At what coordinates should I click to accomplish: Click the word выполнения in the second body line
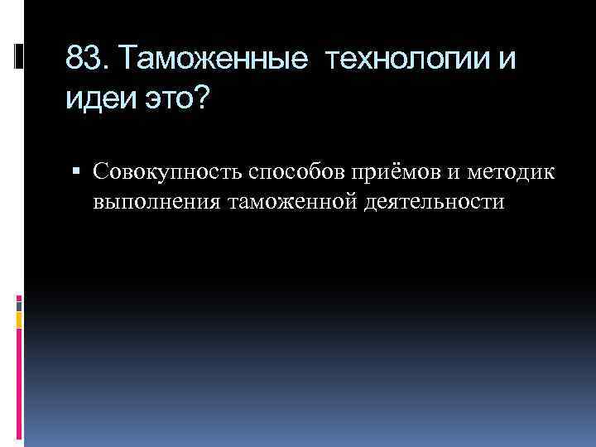(x=155, y=199)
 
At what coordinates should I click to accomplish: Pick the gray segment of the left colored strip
(x=19, y=303)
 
